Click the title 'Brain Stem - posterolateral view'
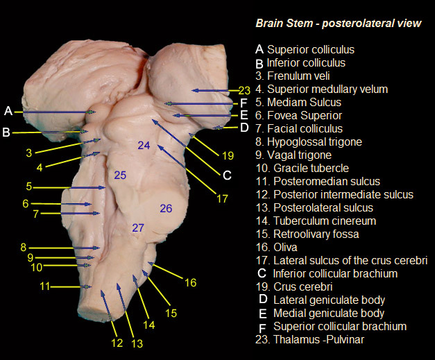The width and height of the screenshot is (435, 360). pos(338,24)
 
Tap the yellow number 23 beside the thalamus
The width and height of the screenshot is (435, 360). pos(244,90)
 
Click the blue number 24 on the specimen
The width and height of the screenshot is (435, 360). pos(144,146)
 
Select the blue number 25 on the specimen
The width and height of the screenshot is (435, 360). pos(120,175)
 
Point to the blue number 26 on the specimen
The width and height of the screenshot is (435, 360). pos(166,208)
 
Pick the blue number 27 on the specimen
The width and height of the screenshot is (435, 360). pos(137,228)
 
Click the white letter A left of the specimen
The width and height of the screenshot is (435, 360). pos(8,111)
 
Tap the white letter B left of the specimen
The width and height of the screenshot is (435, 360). pos(6,132)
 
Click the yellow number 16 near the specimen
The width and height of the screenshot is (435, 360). pos(190,282)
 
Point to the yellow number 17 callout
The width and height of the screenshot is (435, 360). pos(221,198)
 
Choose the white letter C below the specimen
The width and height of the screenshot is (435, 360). pos(226,175)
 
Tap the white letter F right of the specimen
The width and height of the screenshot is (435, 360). pos(244,104)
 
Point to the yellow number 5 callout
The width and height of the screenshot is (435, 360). pos(29,187)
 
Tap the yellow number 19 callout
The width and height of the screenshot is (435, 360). pos(228,155)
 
